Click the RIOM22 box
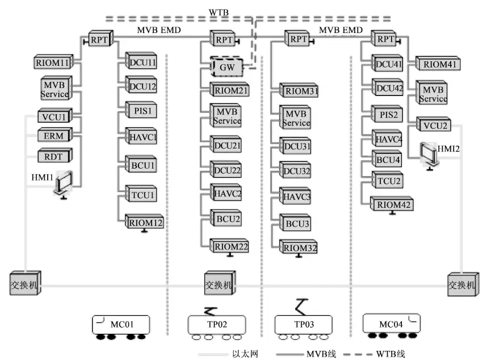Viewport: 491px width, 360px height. (230, 246)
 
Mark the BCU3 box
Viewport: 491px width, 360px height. (296, 224)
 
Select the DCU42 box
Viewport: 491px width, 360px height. (388, 89)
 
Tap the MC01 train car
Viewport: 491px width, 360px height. (121, 325)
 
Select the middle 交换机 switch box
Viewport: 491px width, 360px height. (219, 284)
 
